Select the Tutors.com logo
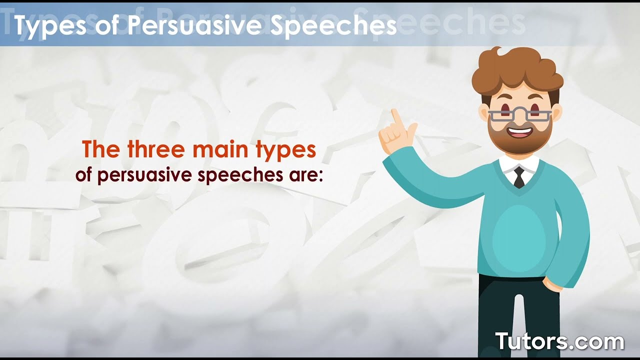click(559, 341)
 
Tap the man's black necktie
click(519, 177)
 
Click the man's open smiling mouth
click(520, 132)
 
